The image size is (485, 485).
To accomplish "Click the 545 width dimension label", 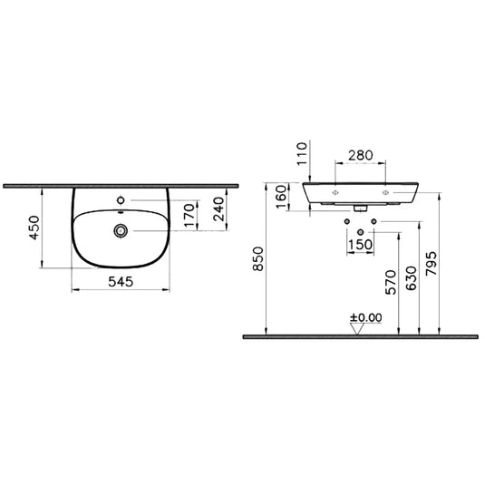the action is [x=121, y=282].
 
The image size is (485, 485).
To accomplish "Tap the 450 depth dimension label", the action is [x=34, y=228].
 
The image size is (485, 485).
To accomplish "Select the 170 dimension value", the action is [x=189, y=215].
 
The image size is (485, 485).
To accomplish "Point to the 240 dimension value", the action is [x=218, y=209].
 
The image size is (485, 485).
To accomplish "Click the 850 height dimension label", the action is [x=258, y=259].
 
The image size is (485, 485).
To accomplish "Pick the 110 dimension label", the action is [x=302, y=153].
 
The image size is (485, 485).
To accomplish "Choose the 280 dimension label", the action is [x=361, y=155].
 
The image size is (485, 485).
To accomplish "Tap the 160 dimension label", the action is [x=281, y=197].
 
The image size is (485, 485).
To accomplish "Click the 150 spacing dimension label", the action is [x=360, y=245].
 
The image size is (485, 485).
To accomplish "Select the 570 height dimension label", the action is [x=392, y=282].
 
